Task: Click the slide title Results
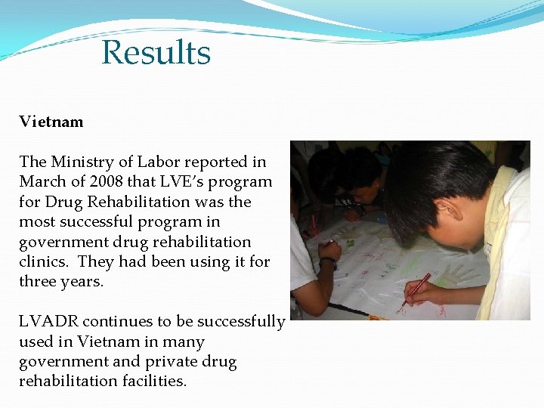pos(156,54)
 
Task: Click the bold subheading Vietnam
pos(51,122)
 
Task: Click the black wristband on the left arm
pos(327,261)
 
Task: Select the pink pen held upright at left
pos(314,226)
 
